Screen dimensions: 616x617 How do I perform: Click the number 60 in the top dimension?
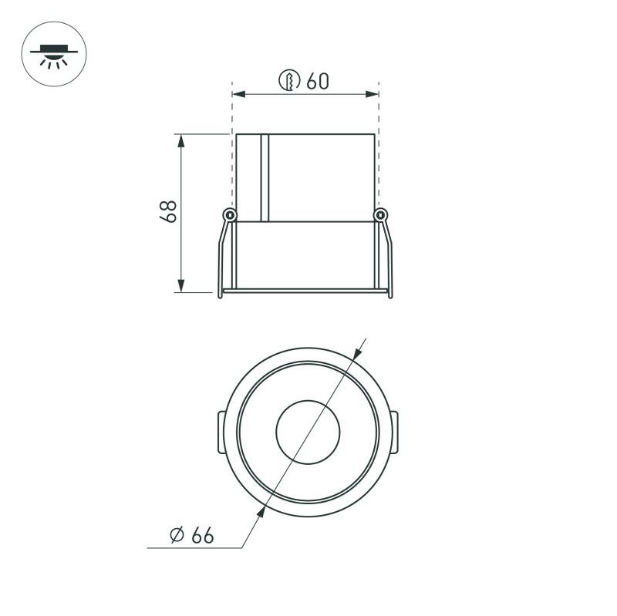click(317, 80)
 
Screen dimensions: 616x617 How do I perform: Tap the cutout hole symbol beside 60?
click(289, 80)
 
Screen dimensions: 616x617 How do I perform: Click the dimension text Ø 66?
click(191, 535)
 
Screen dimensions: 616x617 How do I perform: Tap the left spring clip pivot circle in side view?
click(228, 214)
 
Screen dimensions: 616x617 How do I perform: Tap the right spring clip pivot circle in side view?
click(379, 214)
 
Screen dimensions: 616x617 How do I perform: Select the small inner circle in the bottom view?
click(307, 432)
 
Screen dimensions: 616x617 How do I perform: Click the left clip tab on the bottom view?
click(220, 433)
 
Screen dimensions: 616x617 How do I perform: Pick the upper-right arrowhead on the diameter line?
click(355, 354)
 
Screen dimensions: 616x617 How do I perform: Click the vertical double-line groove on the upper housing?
click(264, 177)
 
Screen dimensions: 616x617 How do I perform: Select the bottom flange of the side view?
click(305, 291)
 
